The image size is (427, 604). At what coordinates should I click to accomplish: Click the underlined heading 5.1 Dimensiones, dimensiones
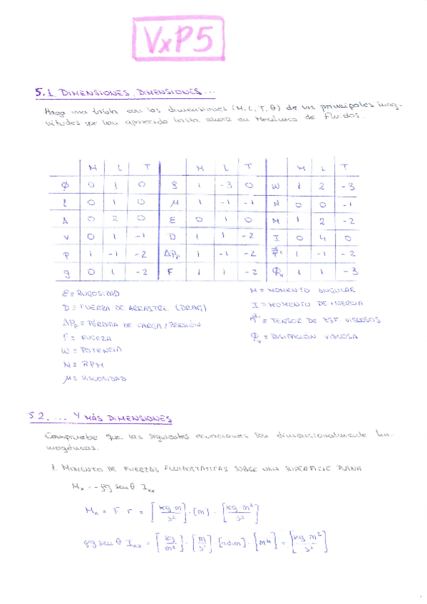coord(125,93)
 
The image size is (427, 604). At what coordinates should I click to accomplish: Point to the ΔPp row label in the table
coord(173,254)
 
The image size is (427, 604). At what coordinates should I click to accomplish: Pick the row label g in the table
coord(66,271)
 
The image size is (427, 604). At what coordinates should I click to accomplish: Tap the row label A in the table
coord(65,220)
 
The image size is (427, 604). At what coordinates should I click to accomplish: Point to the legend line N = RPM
coord(83,364)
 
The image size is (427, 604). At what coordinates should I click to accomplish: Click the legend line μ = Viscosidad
coord(95,378)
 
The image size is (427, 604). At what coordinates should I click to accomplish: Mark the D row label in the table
coord(173,236)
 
